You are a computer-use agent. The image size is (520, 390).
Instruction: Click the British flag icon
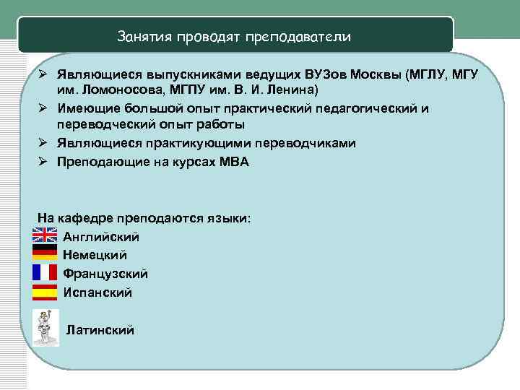point(45,235)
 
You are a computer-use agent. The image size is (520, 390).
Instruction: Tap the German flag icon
point(45,253)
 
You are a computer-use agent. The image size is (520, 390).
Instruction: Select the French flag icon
point(45,272)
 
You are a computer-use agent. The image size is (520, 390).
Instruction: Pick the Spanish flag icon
point(45,292)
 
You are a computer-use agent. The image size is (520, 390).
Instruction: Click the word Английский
point(101,236)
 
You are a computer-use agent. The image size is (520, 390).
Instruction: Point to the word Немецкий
point(95,255)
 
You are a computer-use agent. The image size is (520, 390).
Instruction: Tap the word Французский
point(105,274)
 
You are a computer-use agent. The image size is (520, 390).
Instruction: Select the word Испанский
point(97,292)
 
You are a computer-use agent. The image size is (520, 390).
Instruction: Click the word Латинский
point(100,330)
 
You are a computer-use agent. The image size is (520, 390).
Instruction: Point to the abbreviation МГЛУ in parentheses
point(429,76)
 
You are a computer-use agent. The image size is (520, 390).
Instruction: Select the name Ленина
point(288,90)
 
